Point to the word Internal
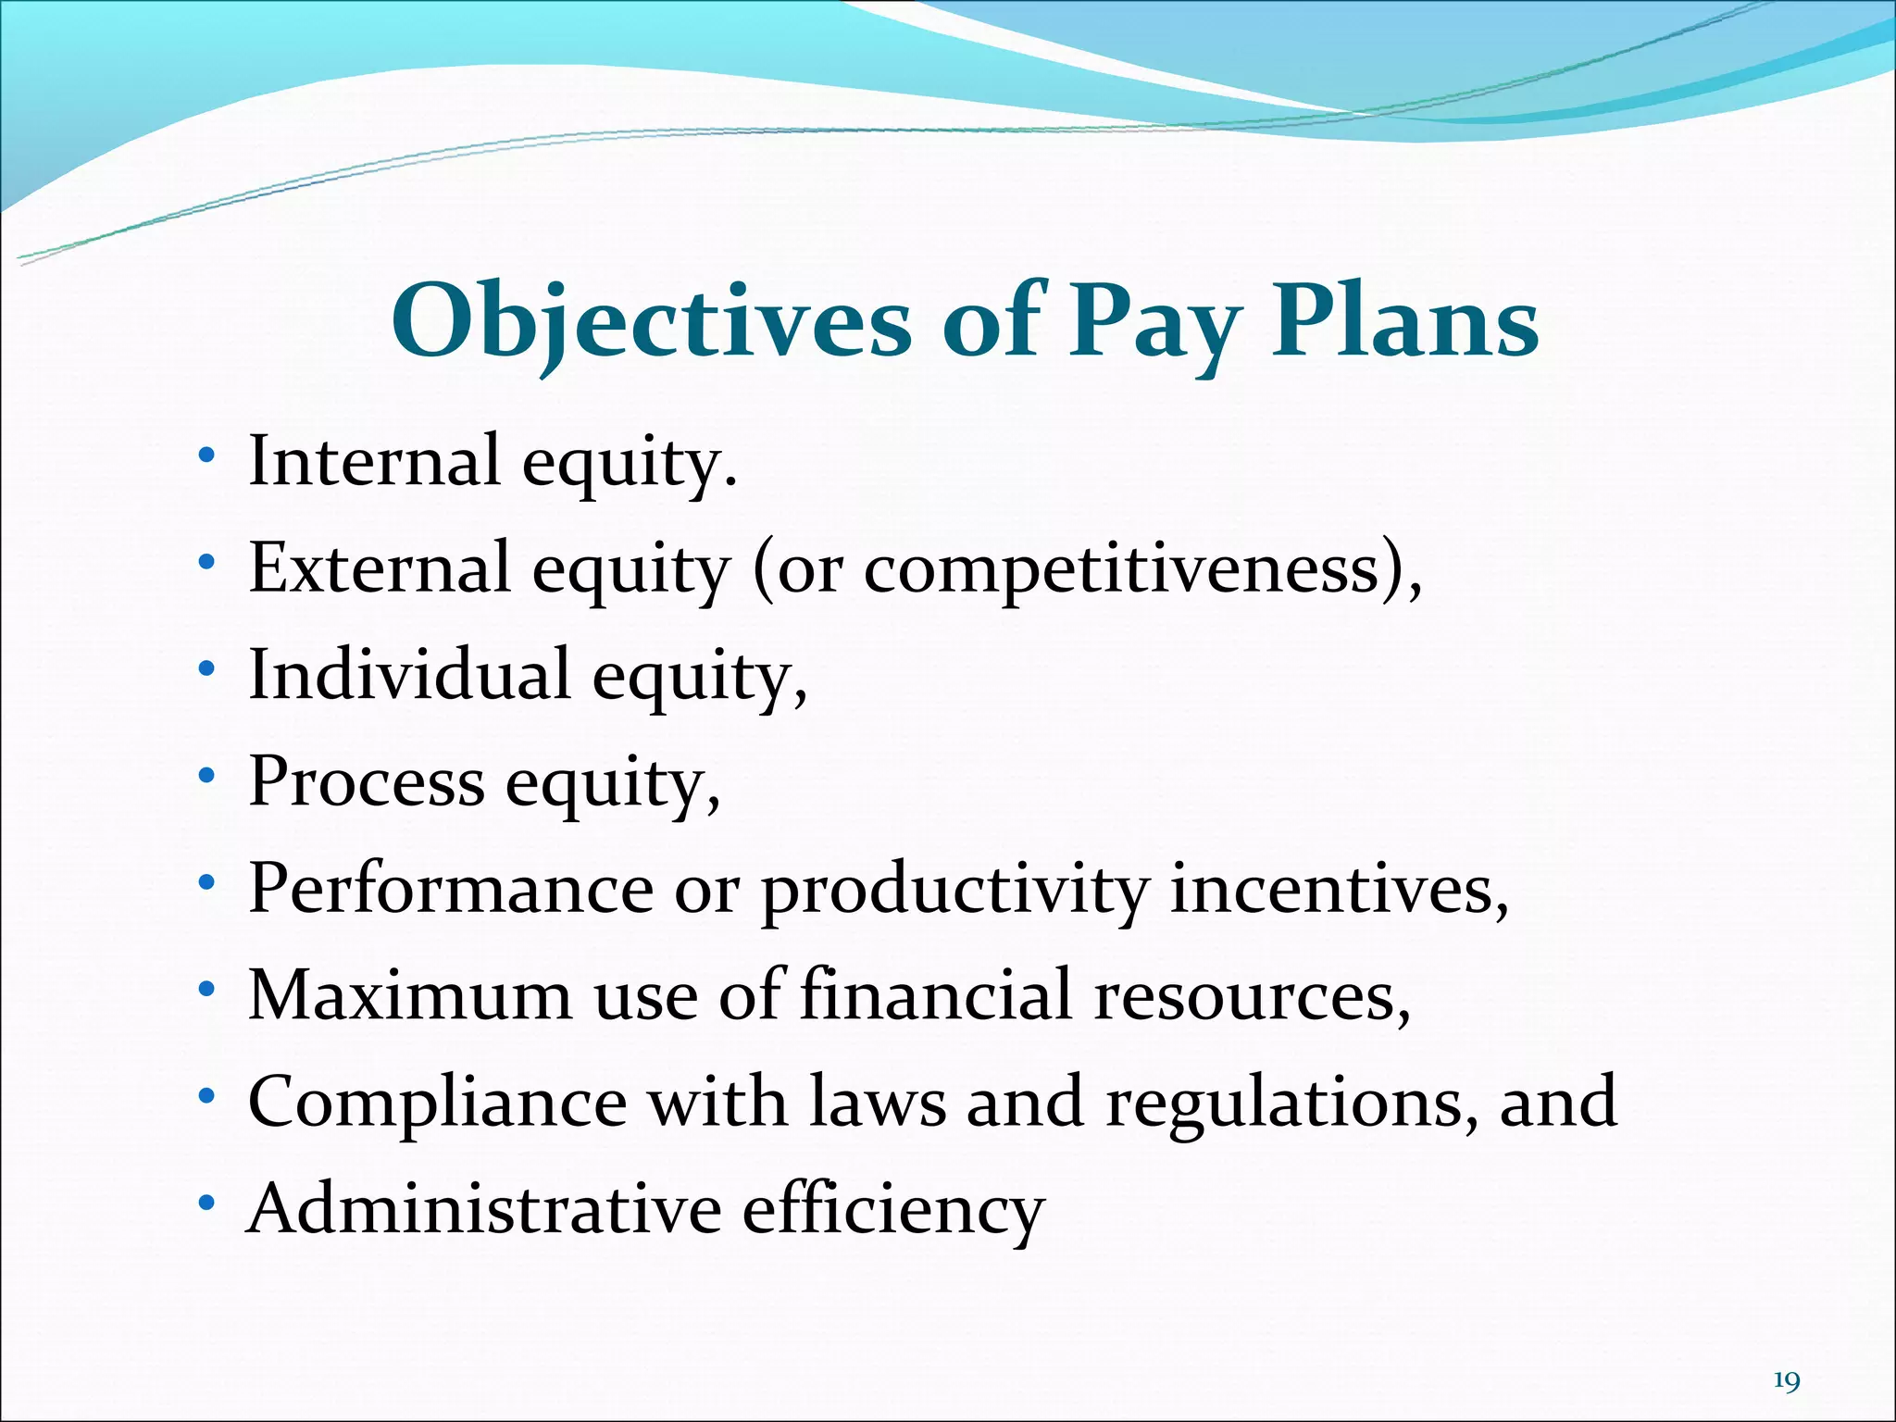tap(374, 460)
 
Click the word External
tap(380, 567)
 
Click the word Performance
tap(451, 888)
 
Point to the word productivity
tap(954, 890)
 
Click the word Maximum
tap(410, 994)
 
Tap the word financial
tap(933, 994)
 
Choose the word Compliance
tap(437, 1102)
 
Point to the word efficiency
tap(893, 1210)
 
